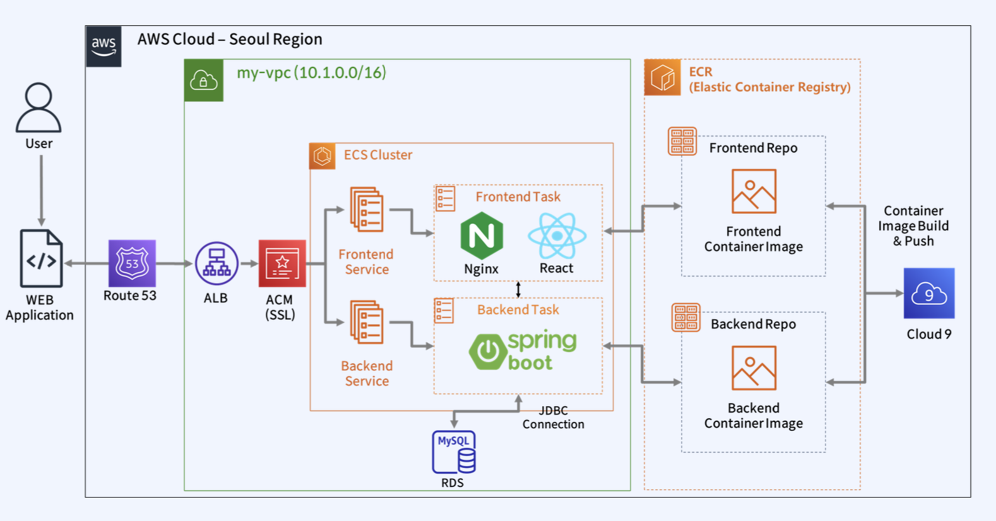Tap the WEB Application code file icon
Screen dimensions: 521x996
click(x=41, y=259)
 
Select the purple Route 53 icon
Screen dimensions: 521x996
click(x=132, y=263)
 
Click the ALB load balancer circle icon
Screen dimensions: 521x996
click(x=216, y=264)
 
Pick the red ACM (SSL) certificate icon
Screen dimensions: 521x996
click(x=282, y=264)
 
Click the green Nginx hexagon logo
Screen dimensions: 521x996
click(x=482, y=236)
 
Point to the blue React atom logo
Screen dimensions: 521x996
click(x=557, y=236)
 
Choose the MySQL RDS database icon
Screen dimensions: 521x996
click(x=454, y=452)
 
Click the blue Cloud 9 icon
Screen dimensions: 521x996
click(x=928, y=293)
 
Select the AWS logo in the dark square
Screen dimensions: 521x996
click(x=104, y=46)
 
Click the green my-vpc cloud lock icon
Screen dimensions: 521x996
click(x=204, y=80)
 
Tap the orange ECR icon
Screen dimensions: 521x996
click(x=662, y=78)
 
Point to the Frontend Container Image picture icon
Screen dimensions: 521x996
click(x=754, y=191)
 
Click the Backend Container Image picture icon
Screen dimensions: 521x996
click(x=754, y=368)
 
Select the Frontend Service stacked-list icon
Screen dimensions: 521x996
click(x=367, y=209)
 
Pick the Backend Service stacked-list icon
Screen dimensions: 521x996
click(x=367, y=322)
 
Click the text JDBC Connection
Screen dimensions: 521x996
click(x=554, y=418)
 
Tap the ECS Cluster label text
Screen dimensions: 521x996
click(x=378, y=155)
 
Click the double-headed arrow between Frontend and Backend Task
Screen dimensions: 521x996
click(x=518, y=290)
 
